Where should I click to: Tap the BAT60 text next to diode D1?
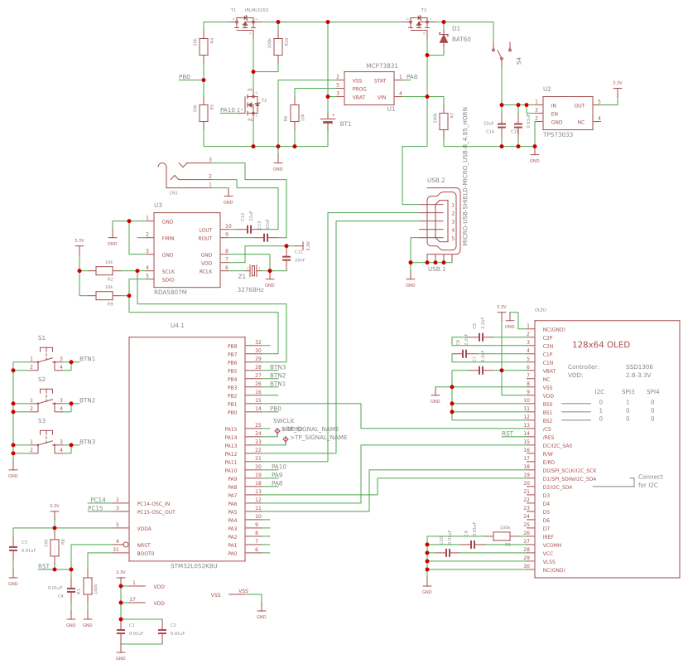click(x=461, y=39)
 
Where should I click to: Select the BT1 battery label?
click(x=345, y=124)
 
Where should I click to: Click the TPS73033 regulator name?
click(x=558, y=133)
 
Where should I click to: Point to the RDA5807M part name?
click(x=171, y=292)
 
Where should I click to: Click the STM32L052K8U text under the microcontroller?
click(x=193, y=565)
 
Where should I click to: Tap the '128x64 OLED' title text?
click(x=600, y=345)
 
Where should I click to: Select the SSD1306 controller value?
click(x=638, y=366)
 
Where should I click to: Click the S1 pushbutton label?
click(x=41, y=338)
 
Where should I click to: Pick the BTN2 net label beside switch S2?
click(x=87, y=400)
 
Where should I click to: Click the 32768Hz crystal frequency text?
click(x=250, y=289)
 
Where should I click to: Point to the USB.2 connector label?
click(x=435, y=180)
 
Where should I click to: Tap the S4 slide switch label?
click(x=519, y=61)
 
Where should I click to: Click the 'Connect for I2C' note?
click(x=650, y=480)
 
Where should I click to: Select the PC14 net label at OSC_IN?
click(x=97, y=500)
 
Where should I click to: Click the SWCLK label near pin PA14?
click(x=283, y=421)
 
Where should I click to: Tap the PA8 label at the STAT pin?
click(x=411, y=77)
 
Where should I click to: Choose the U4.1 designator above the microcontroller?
click(x=177, y=326)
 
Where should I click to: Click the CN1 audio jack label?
click(x=173, y=192)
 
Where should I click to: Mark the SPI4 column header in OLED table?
click(x=652, y=390)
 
